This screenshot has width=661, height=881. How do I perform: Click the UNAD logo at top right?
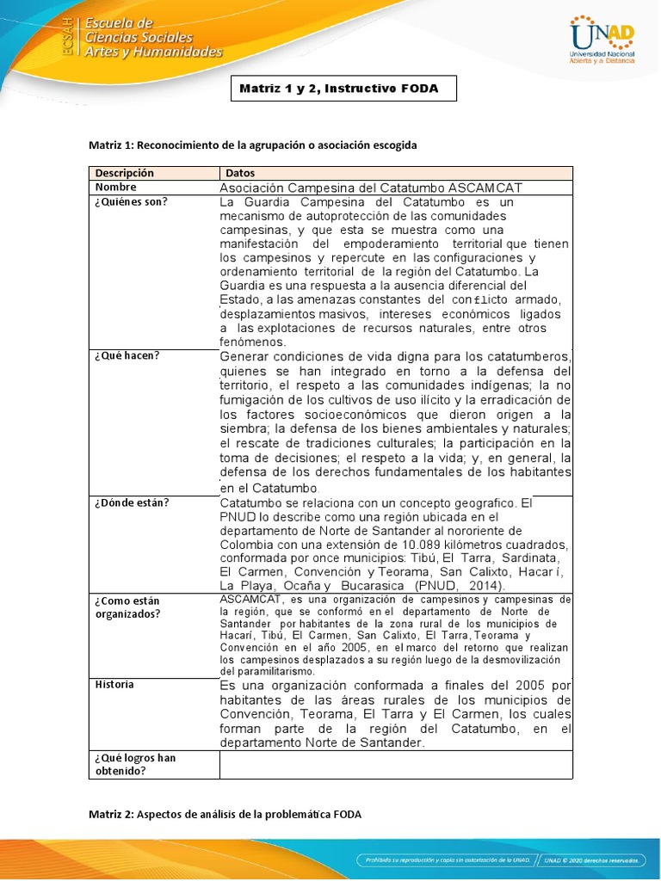tap(602, 40)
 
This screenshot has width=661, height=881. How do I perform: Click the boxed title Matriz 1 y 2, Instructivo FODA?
tap(343, 89)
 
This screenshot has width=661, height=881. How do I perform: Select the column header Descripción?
tap(124, 173)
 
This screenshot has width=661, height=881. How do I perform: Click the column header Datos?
tap(239, 173)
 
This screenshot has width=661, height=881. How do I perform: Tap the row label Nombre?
tap(115, 187)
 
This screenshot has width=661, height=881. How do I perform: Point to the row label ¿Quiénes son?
tap(131, 201)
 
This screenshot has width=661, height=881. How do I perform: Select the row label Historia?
tap(114, 685)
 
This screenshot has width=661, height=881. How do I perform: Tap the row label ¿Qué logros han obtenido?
tap(135, 764)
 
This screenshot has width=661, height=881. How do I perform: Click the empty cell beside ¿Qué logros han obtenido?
tap(396, 764)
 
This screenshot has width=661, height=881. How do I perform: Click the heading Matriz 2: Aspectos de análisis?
tap(225, 813)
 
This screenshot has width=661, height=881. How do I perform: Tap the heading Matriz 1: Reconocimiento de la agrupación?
tap(252, 145)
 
